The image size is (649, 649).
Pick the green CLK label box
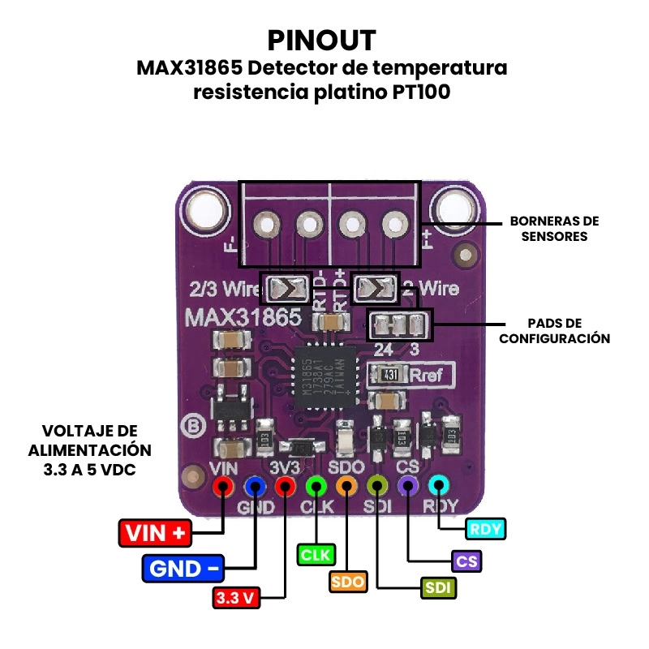(316, 555)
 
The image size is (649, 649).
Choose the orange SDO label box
(347, 582)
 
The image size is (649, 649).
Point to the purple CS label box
(466, 561)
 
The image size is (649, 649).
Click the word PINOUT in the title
(322, 40)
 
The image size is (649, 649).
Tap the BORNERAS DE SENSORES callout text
(554, 229)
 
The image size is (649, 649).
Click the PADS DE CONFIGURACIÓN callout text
(554, 331)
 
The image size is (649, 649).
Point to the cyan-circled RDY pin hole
(438, 486)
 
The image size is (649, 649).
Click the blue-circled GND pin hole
(255, 487)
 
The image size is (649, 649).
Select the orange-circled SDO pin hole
(346, 487)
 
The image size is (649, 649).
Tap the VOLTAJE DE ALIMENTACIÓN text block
(91, 449)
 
